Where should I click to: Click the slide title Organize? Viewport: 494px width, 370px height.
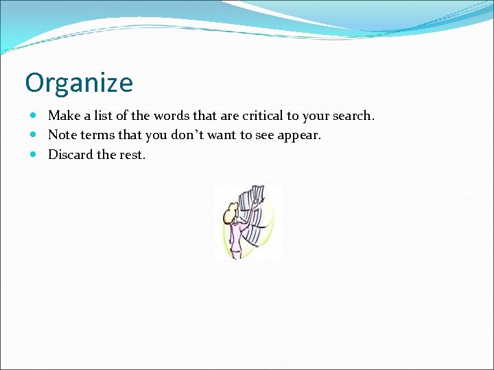coord(79,83)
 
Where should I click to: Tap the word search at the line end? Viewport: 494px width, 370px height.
coord(352,116)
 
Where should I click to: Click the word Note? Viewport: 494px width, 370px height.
coord(62,135)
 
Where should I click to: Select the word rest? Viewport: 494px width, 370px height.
coord(132,154)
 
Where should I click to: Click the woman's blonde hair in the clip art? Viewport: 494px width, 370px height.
coord(228,217)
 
